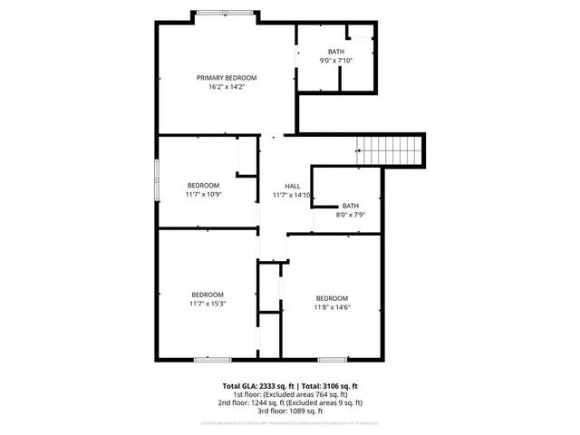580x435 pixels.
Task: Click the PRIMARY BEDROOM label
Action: [x=227, y=78]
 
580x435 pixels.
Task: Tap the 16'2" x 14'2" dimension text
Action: [x=227, y=87]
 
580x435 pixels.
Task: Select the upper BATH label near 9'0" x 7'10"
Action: [x=336, y=52]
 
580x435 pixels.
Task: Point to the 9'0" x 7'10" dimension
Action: [x=336, y=61]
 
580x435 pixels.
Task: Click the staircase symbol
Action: [x=390, y=148]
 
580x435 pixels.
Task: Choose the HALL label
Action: [x=293, y=186]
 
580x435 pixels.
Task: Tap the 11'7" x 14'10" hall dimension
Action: [x=293, y=195]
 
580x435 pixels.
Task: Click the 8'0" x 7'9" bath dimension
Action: [x=351, y=215]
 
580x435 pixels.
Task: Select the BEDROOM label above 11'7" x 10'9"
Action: [x=203, y=186]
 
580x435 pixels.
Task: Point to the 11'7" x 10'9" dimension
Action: [x=203, y=195]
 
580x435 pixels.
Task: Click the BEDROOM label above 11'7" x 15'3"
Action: [x=208, y=294]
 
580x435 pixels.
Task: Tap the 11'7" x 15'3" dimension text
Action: [x=208, y=303]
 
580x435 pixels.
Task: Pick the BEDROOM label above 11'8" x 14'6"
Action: [x=332, y=298]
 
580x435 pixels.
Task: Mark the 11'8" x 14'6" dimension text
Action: [x=332, y=307]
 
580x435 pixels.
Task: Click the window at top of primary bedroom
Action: [x=227, y=13]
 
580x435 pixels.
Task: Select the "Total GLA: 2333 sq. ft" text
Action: [x=259, y=385]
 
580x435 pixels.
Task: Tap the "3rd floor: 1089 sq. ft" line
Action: [x=290, y=411]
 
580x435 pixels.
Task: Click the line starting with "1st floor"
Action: [x=290, y=394]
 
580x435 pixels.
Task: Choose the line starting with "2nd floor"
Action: [x=290, y=402]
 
